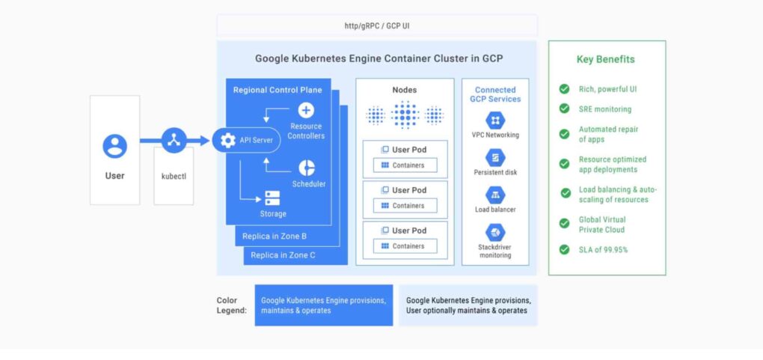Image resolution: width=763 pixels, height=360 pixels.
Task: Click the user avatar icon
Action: pos(115,146)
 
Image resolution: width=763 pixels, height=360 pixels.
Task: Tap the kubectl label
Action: pos(174,177)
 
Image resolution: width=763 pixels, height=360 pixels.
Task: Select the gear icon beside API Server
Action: pos(227,141)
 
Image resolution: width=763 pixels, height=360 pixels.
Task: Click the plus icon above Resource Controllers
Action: pos(306,111)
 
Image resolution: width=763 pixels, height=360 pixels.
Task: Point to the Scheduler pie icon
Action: pos(307,168)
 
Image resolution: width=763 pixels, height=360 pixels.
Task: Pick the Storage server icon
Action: pos(272,198)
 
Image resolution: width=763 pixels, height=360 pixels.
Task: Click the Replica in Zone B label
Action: pos(275,237)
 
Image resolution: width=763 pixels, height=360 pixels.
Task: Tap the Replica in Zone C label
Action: pos(283,254)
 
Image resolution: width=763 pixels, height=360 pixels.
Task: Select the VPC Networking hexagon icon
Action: pos(495,120)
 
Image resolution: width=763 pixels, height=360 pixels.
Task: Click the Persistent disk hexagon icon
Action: pos(495,158)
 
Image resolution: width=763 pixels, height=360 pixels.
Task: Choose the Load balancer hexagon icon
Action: pos(495,195)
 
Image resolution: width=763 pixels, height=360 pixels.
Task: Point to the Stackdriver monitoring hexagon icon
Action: pos(495,232)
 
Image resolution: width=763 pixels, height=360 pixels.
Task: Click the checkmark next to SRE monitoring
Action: pos(565,109)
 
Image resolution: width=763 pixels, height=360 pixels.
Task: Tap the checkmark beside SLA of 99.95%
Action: pos(565,249)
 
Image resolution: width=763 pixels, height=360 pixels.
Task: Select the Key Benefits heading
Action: pos(606,59)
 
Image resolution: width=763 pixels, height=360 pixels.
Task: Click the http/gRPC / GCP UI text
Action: pos(377,25)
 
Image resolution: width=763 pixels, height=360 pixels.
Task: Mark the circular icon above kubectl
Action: pos(174,141)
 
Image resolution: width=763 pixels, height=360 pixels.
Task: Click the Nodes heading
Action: pos(405,90)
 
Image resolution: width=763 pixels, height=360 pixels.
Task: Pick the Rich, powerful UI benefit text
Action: pos(607,89)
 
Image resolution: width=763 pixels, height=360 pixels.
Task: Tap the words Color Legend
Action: pos(232,305)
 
